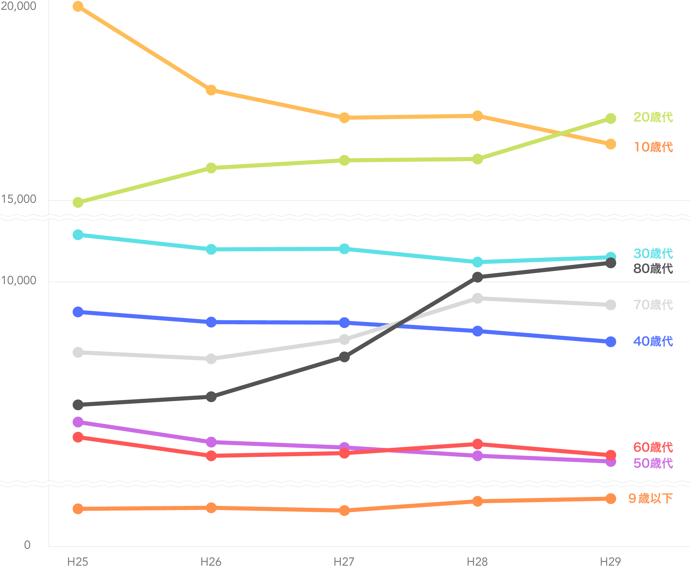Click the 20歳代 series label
coord(653,117)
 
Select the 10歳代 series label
coord(653,147)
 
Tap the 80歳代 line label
coord(653,268)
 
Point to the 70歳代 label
coord(653,305)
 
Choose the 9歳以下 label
coord(650,498)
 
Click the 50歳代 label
coord(653,463)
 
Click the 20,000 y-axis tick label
coord(19,6)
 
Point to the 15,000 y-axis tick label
coord(19,199)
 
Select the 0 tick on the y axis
coord(27,545)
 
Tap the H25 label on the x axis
coord(78,562)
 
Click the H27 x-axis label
coord(344,562)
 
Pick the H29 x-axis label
coord(610,562)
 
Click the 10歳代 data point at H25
coord(78,7)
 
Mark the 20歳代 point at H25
coord(78,202)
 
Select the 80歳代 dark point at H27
coord(344,357)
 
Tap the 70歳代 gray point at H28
coord(477,298)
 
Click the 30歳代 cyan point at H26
coord(211,249)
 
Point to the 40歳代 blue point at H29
coord(611,342)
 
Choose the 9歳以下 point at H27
coord(344,510)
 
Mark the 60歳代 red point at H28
coord(477,444)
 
